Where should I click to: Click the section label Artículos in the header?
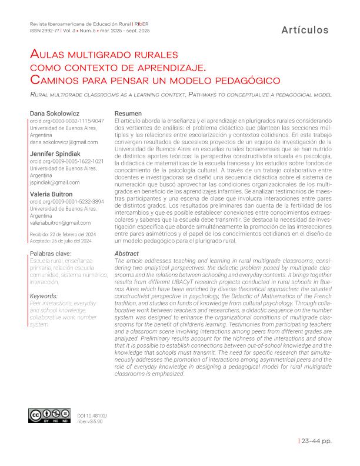[x=305, y=29]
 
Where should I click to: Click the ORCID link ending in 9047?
[x=66, y=121]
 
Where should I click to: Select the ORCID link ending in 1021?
[x=66, y=161]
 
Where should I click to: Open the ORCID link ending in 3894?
[x=66, y=202]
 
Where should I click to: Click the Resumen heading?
[x=128, y=113]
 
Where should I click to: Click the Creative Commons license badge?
[x=49, y=416]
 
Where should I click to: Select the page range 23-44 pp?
[x=316, y=440]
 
